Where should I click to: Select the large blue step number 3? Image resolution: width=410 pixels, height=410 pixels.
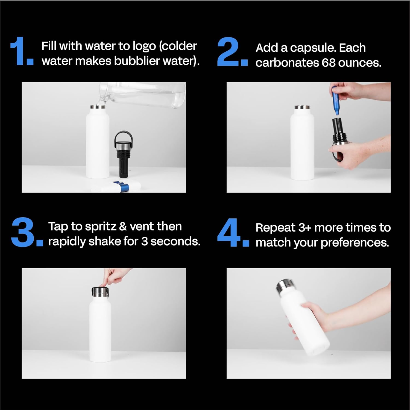point(23,233)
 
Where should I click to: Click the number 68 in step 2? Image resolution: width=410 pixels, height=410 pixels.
point(328,63)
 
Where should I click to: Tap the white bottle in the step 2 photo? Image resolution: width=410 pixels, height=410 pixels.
point(302,145)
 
